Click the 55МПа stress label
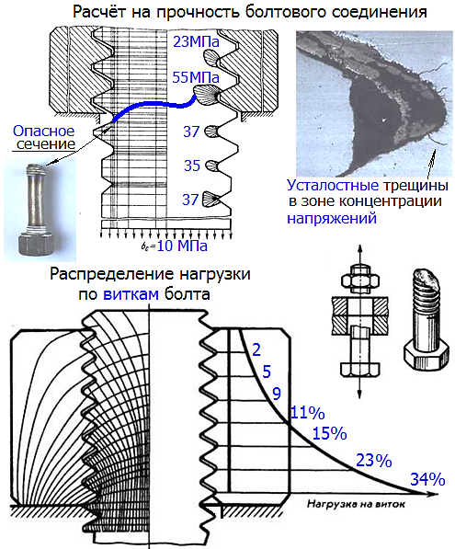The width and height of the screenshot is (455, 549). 196,77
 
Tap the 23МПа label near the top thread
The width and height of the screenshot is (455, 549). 197,42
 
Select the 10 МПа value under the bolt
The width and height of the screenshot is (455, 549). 182,246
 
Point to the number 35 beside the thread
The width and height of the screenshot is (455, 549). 192,166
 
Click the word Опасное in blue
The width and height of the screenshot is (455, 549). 44,132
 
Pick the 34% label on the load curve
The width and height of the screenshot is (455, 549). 427,479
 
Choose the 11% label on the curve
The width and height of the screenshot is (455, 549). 308,413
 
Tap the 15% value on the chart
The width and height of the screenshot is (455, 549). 329,433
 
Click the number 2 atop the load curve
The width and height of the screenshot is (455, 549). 256,349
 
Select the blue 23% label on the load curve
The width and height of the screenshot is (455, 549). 374,461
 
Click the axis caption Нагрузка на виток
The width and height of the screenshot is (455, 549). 356,504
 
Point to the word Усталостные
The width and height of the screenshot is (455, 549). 333,185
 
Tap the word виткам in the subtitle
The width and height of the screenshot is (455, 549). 131,294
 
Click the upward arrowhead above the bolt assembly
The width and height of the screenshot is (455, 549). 359,249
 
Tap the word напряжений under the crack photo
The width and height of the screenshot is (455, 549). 332,218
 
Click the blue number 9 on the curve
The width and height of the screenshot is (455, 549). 277,394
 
